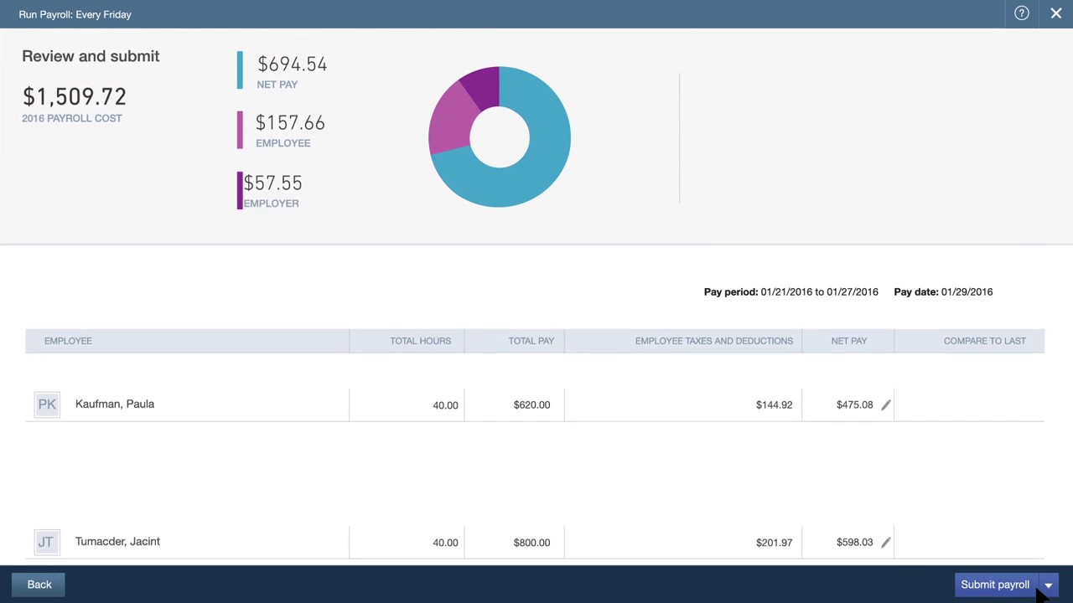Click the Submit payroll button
point(995,585)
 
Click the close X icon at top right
point(1055,13)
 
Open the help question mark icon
point(1021,13)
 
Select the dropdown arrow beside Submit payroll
point(1049,585)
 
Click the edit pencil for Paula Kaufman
point(885,405)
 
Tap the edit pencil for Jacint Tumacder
point(885,542)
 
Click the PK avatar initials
point(47,405)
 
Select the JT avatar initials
point(46,542)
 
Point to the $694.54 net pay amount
point(292,64)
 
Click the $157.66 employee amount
point(290,123)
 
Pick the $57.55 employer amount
point(272,183)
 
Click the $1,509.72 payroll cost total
point(75,97)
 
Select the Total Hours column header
point(420,341)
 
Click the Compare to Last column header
point(984,341)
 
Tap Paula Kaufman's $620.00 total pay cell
point(531,405)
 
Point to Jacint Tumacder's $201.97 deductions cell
point(774,542)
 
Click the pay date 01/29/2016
point(967,291)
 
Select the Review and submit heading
point(91,56)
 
